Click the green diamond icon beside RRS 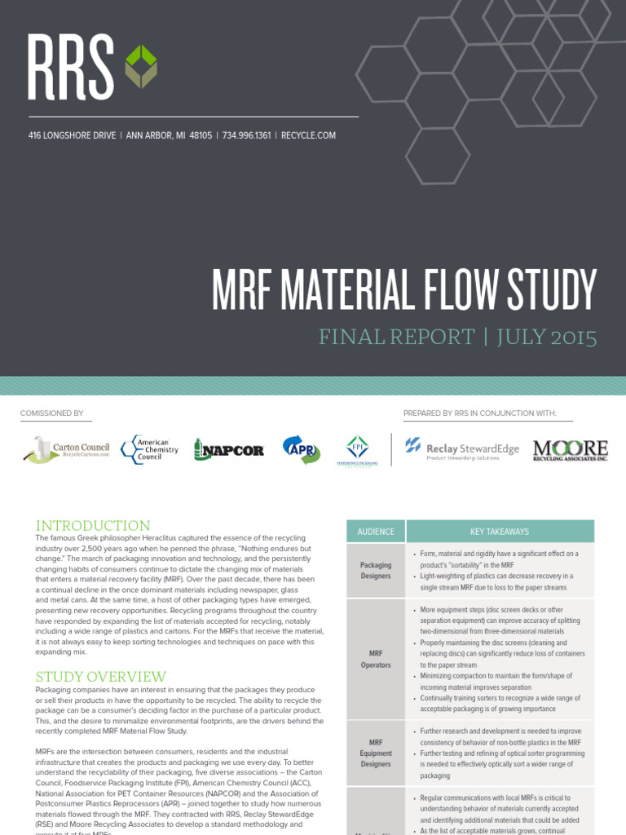[x=140, y=67]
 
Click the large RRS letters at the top [x=71, y=67]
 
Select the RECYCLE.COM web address [x=308, y=135]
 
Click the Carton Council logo [x=66, y=449]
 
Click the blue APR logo [x=301, y=449]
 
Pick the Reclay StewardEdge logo [x=461, y=449]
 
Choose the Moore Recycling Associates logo [x=570, y=449]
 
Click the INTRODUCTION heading [x=93, y=526]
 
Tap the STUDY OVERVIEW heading [x=100, y=677]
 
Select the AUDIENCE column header [x=375, y=532]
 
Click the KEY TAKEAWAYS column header [x=499, y=532]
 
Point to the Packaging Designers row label [x=375, y=570]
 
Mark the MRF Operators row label [x=375, y=659]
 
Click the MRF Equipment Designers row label [x=375, y=753]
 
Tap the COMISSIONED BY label [x=51, y=413]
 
